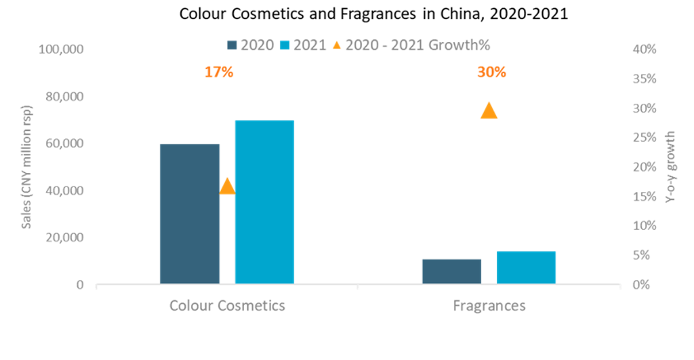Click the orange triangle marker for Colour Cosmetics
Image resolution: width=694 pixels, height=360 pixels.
click(227, 186)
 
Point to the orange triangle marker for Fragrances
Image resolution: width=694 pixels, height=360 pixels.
click(488, 111)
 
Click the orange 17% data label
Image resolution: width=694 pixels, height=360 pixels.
click(219, 72)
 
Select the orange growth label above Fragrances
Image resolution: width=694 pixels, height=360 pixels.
click(491, 72)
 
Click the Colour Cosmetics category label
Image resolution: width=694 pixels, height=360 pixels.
click(227, 306)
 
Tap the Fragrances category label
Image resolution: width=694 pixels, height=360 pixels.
click(489, 306)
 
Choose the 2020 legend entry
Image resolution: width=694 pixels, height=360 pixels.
click(251, 45)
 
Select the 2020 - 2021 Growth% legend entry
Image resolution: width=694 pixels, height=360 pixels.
click(410, 45)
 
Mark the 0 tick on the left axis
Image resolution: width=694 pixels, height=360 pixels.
click(80, 284)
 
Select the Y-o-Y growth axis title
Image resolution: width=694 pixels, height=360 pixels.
click(670, 166)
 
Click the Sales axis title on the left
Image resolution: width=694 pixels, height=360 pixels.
click(27, 167)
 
